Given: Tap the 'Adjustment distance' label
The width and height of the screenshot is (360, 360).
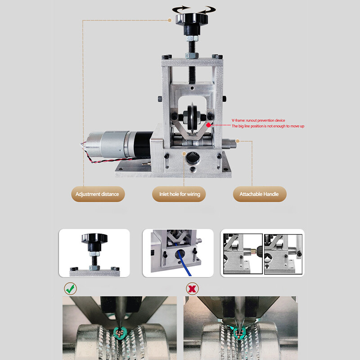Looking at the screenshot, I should click(x=97, y=194).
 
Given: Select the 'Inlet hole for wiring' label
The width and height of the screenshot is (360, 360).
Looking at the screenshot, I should click(x=180, y=194).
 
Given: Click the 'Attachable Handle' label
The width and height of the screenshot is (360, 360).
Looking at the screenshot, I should click(x=259, y=194).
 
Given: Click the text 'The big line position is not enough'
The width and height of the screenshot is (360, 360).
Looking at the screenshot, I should click(x=268, y=126).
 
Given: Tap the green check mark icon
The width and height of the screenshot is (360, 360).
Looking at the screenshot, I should click(x=70, y=288).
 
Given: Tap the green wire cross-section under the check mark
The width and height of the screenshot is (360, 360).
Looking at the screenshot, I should click(x=120, y=333).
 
